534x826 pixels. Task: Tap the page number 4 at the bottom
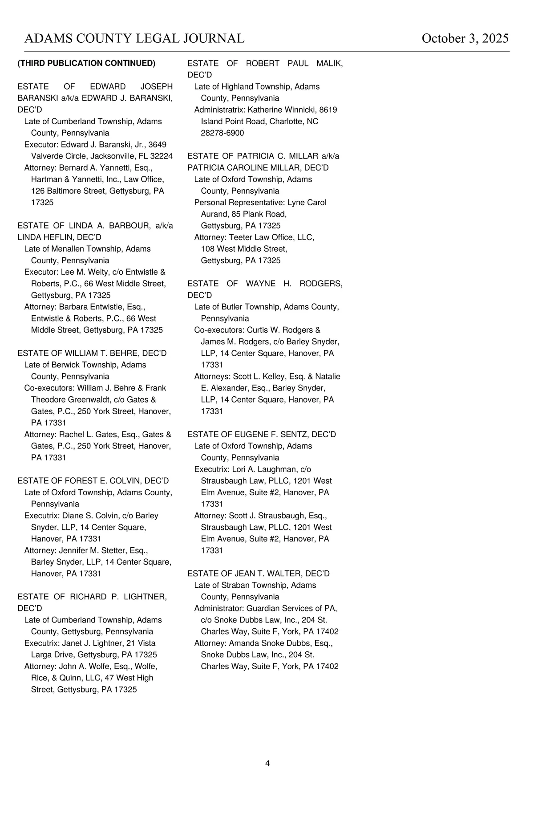click(x=267, y=763)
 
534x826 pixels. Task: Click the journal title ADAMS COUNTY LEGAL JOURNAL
click(x=134, y=39)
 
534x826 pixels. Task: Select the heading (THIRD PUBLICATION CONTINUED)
click(x=86, y=63)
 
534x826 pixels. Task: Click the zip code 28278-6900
click(x=222, y=133)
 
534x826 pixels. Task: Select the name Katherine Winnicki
click(x=282, y=110)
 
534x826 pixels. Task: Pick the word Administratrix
click(x=219, y=110)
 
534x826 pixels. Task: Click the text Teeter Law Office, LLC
click(x=271, y=237)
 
